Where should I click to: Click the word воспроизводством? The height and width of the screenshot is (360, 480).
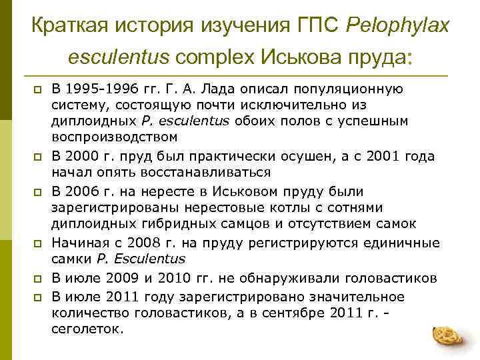coord(115,137)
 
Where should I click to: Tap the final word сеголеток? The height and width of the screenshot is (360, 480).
coord(87,329)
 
